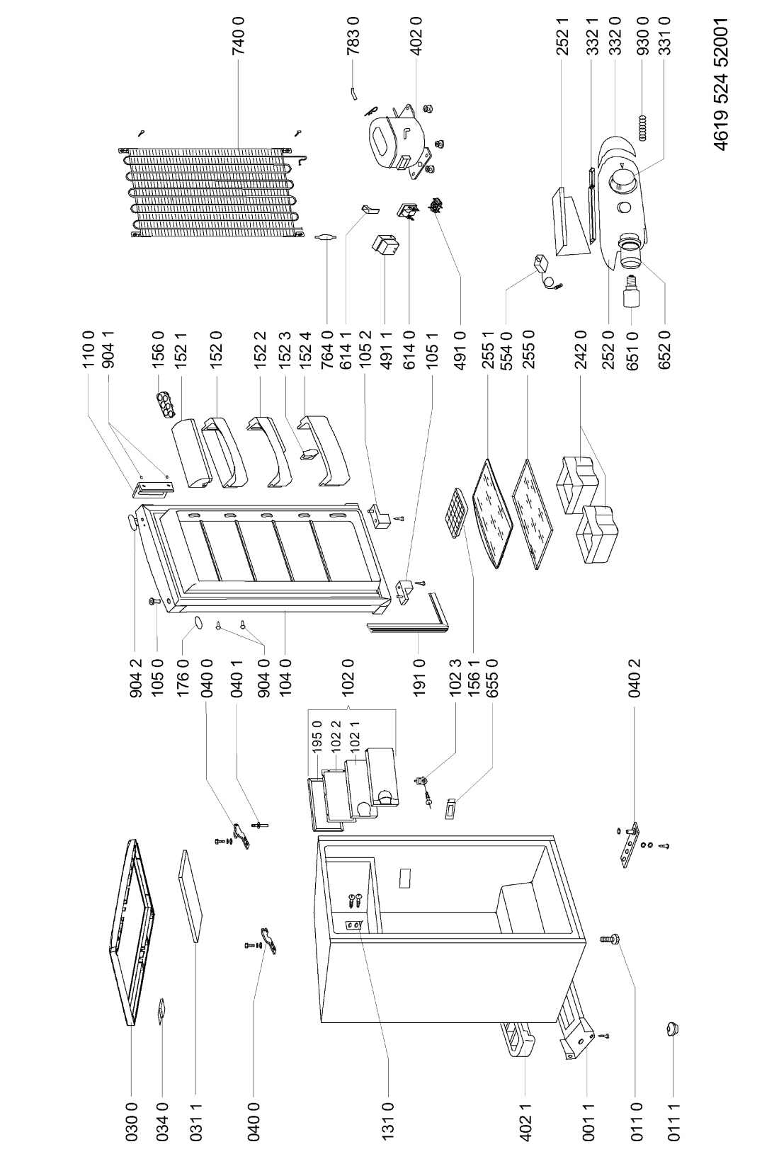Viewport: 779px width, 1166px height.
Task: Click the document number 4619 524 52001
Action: pos(721,85)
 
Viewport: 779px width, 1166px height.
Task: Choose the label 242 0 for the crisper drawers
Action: pos(581,349)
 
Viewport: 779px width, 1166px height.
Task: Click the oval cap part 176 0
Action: pos(198,622)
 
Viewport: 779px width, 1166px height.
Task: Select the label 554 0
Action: pos(505,349)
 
